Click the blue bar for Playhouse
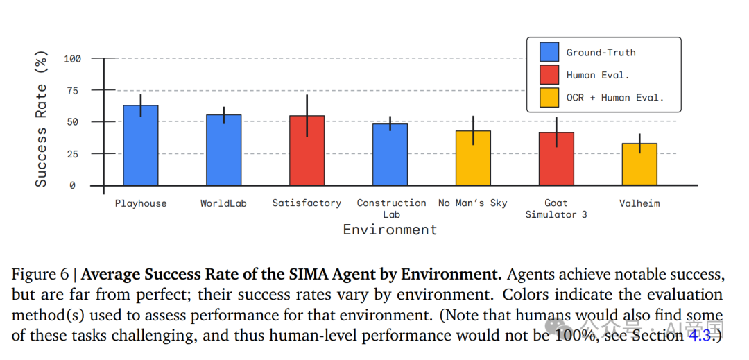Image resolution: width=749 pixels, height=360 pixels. click(141, 146)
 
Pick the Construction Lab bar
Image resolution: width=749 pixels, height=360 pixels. click(390, 155)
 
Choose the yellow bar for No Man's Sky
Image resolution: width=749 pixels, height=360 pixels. click(473, 158)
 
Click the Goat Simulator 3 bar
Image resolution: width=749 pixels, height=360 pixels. click(556, 159)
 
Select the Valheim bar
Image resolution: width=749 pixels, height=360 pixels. click(639, 164)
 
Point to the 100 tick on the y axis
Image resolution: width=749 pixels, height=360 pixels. click(72, 59)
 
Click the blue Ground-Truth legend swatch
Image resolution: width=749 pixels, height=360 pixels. click(549, 52)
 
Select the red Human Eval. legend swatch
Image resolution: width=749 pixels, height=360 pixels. click(549, 75)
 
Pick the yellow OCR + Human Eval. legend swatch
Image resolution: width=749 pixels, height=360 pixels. click(549, 98)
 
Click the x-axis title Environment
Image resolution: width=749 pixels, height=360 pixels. click(390, 230)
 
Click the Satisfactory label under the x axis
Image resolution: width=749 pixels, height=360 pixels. click(307, 203)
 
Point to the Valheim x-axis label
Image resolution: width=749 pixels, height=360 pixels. click(639, 203)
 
